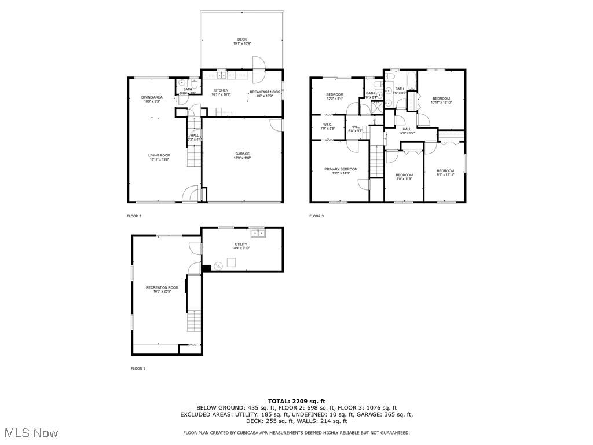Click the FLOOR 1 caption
tap(137, 369)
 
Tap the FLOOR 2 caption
tap(134, 216)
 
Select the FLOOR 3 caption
tap(316, 216)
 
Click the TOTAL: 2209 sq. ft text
tap(296, 401)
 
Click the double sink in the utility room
tap(258, 233)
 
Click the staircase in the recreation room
tap(193, 320)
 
